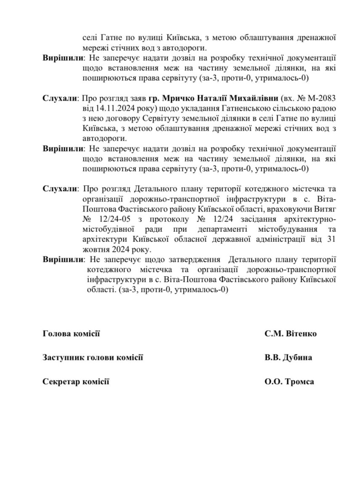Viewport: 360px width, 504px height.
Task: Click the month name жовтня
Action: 95,249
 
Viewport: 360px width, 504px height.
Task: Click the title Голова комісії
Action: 71,334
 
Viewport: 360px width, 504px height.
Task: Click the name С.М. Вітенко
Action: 290,334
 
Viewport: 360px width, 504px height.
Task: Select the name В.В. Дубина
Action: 288,358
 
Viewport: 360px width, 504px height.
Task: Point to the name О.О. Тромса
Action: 289,382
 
